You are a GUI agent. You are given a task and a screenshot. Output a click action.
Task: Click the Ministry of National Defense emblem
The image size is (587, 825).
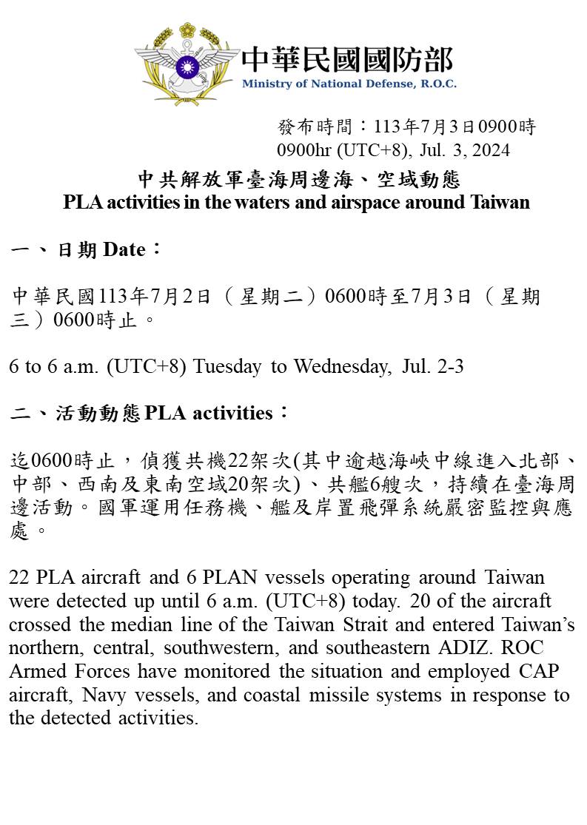coord(187,65)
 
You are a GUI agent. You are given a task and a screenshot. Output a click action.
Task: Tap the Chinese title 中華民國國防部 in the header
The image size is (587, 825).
coord(347,59)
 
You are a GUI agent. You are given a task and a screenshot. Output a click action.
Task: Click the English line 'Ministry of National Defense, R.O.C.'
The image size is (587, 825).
coord(349,84)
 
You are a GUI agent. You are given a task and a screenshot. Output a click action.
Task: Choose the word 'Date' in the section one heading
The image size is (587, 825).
coord(124,250)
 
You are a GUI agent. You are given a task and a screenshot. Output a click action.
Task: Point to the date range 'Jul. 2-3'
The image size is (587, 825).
coord(434,366)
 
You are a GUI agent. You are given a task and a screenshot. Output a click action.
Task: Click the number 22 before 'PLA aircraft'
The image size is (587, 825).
coord(19,577)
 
